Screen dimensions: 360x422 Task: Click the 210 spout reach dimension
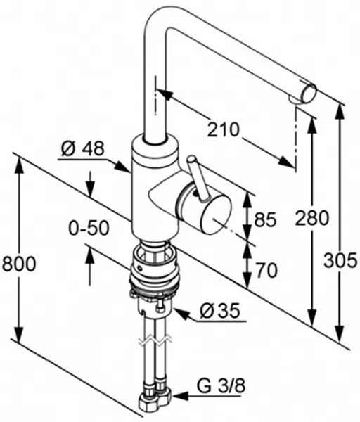point(223,129)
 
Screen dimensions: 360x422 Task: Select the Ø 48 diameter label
point(82,148)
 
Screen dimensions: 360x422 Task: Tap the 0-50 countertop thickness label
point(89,228)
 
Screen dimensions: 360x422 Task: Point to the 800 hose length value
point(18,264)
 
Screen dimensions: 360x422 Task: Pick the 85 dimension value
point(265,219)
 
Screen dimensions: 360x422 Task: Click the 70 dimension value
point(266,271)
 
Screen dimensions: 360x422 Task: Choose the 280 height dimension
point(312,218)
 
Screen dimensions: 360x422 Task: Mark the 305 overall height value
point(340,260)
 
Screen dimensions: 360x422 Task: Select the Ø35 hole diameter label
point(219,312)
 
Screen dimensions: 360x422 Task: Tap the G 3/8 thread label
point(221,386)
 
